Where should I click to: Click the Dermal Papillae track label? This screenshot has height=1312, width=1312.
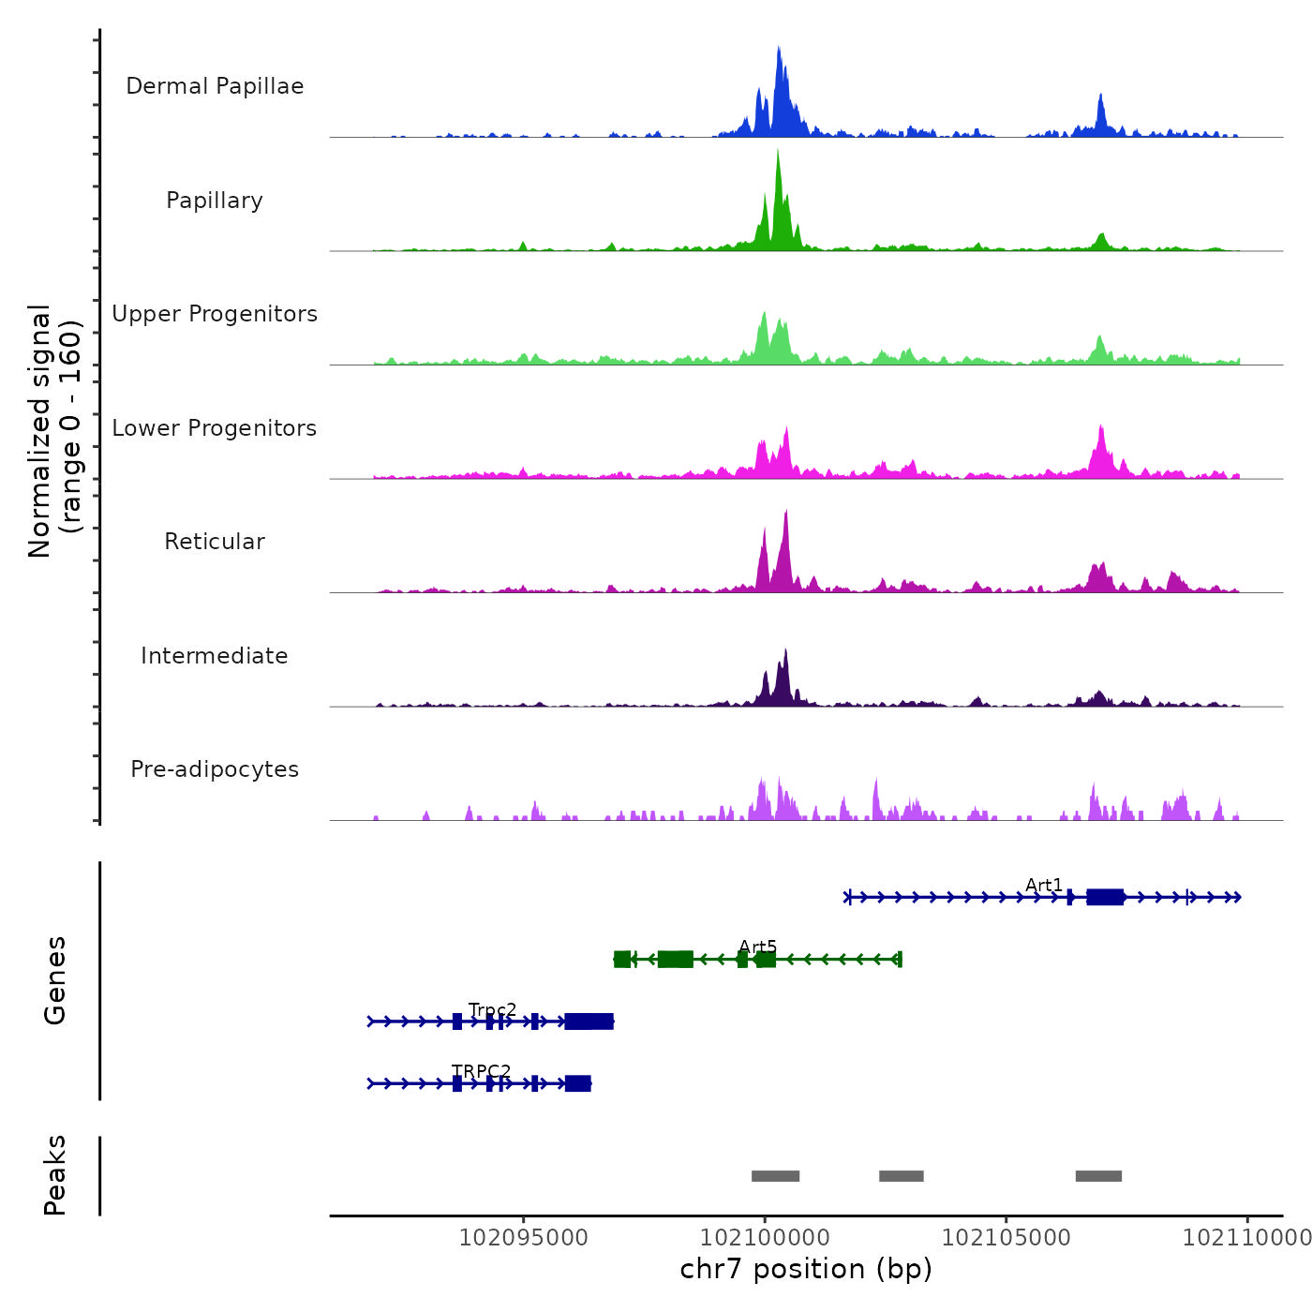coord(215,86)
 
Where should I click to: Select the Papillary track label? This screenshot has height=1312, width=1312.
coord(215,201)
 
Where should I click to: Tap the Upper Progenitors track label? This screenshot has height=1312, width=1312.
coord(215,314)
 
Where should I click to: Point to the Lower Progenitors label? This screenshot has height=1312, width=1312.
coord(215,428)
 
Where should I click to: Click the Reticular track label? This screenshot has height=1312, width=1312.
coord(215,542)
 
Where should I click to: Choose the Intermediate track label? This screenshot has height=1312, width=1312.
coord(215,656)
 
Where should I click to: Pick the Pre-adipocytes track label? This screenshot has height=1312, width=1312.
coord(215,769)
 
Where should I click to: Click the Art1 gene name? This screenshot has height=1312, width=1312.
coord(1044,886)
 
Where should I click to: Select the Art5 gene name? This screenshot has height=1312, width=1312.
coord(757,947)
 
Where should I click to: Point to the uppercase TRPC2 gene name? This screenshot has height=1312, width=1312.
coord(482,1071)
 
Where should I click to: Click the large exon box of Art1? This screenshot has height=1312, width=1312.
coord(1105,897)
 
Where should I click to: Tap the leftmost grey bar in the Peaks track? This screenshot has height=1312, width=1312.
coord(775,1176)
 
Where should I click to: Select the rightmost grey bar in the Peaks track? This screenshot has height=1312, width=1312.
coord(1098,1176)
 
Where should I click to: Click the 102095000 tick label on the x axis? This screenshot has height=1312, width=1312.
coord(523,1238)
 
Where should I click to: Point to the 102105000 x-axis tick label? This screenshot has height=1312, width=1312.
coord(1006,1238)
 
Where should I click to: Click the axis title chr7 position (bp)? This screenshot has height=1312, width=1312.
coord(806,1269)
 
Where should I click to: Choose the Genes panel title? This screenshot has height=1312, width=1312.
coord(55,980)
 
